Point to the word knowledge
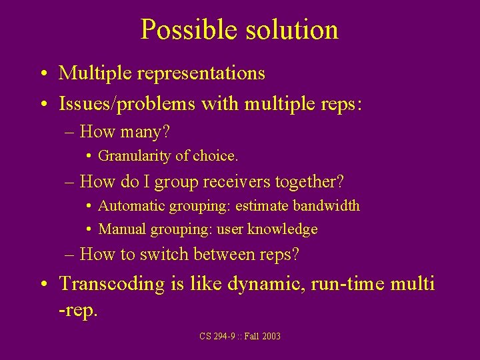[x=283, y=229]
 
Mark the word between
[x=223, y=254]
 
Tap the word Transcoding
[x=112, y=284]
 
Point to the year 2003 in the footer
[x=271, y=337]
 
